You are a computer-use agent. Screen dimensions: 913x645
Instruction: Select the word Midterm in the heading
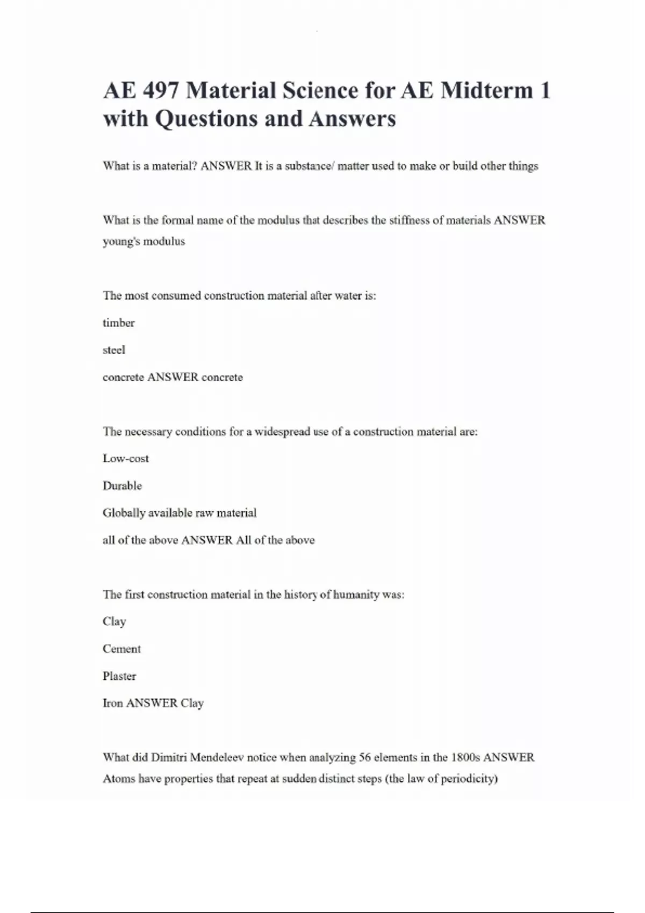click(x=487, y=90)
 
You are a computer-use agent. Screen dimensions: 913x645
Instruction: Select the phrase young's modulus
click(x=144, y=242)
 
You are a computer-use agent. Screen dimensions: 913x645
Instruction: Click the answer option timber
click(x=118, y=323)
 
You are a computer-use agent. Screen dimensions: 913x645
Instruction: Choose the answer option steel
click(x=114, y=350)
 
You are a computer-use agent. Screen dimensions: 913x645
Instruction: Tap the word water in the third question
click(x=348, y=296)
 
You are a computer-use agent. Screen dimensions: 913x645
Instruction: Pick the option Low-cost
click(x=126, y=459)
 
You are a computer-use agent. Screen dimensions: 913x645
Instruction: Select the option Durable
click(x=122, y=486)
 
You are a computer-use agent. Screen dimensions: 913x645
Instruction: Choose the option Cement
click(x=121, y=649)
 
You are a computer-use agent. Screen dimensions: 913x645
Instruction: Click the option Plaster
click(x=119, y=676)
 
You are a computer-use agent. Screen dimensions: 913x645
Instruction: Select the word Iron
click(x=112, y=703)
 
